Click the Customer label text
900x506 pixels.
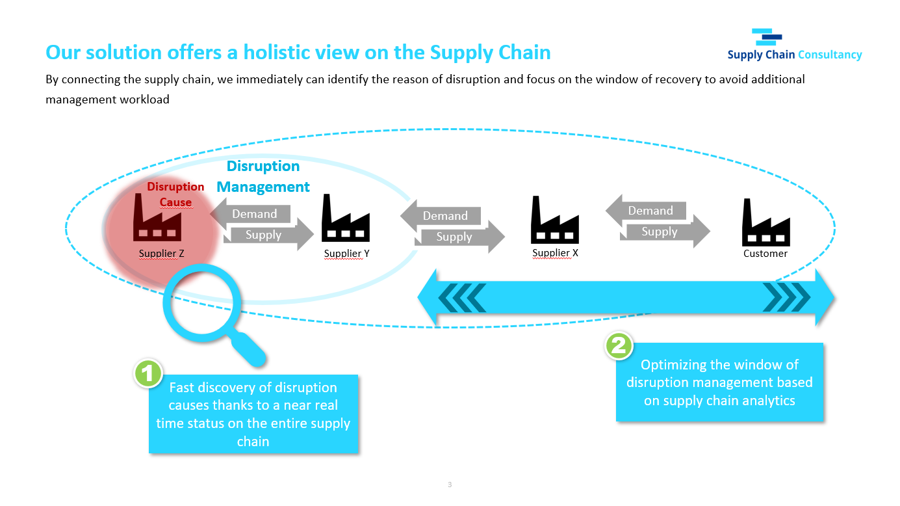click(765, 254)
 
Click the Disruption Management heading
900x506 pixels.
click(263, 176)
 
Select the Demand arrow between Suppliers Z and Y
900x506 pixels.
click(250, 213)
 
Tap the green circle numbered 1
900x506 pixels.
click(148, 373)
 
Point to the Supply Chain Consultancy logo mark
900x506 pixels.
click(767, 37)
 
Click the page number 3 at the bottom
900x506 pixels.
click(450, 485)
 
